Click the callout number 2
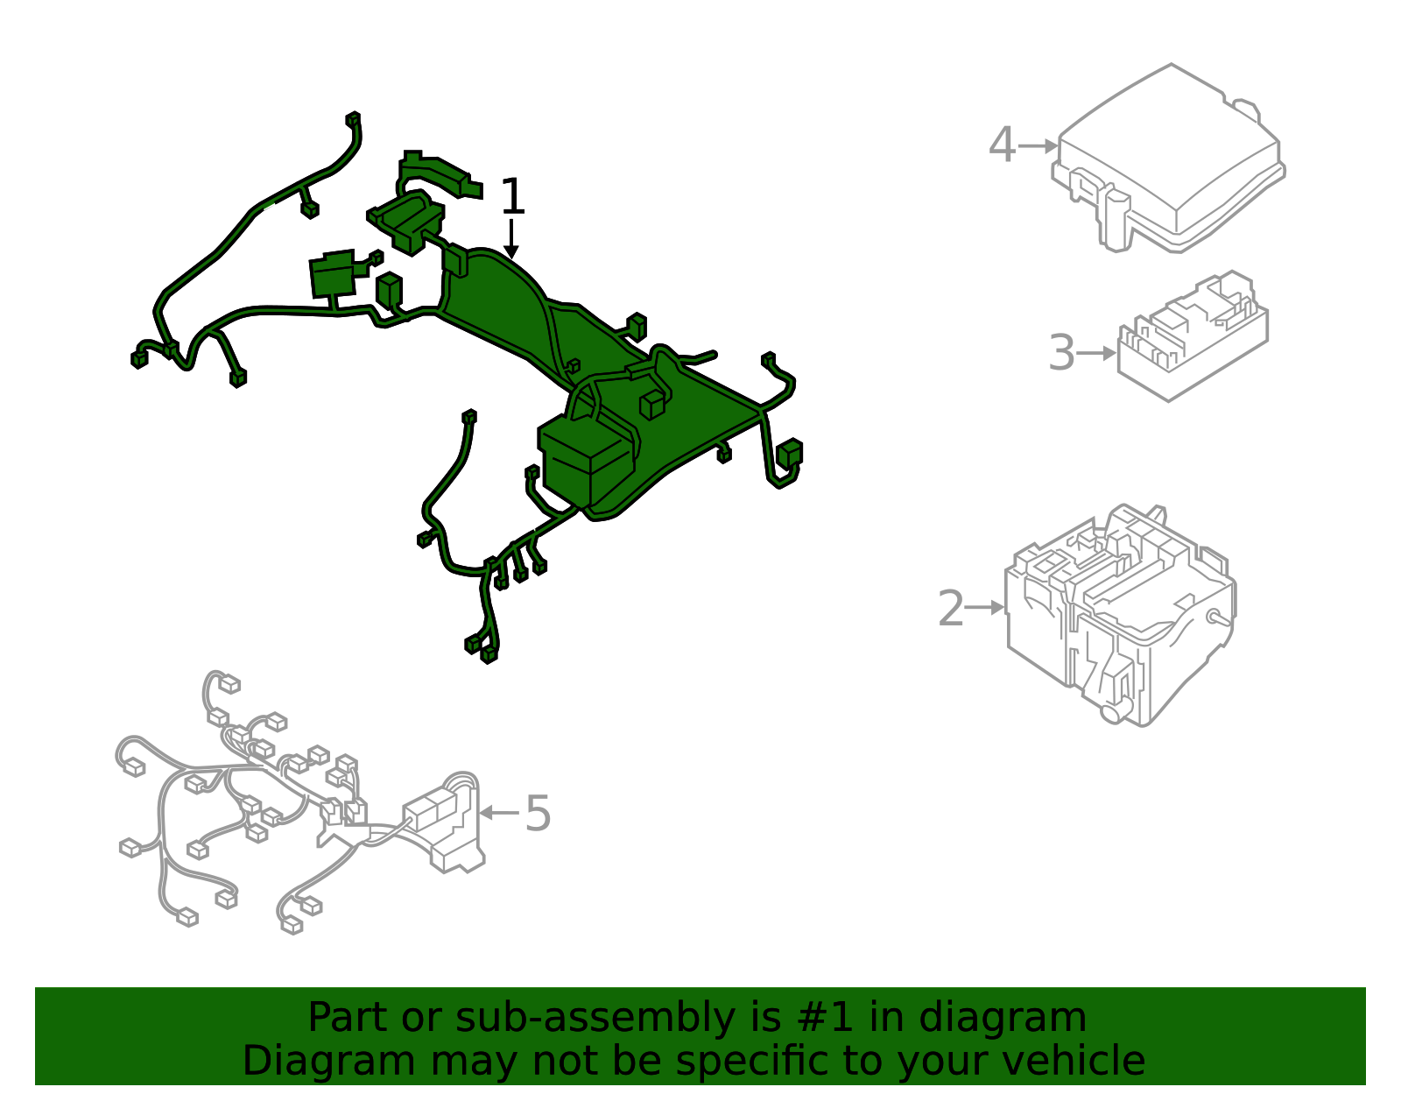click(950, 608)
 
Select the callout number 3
click(1061, 353)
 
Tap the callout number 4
click(1002, 145)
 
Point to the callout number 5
click(538, 813)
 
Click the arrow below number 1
click(511, 239)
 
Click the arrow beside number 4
click(1038, 146)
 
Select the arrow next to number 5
click(499, 813)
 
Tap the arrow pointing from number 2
click(986, 607)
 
